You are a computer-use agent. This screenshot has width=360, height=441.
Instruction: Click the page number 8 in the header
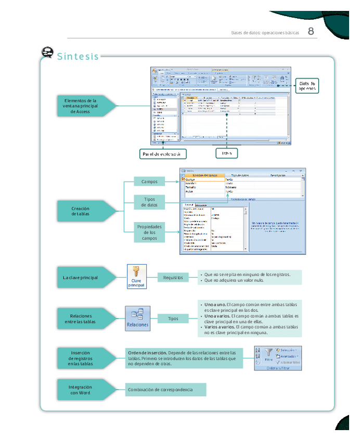(311, 31)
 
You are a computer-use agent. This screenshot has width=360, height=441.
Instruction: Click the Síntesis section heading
(78, 56)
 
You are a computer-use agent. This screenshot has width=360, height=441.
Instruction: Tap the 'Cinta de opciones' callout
(306, 86)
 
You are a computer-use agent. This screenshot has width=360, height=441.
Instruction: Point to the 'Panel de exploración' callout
(163, 154)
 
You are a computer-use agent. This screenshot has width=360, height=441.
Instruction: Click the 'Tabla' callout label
(227, 153)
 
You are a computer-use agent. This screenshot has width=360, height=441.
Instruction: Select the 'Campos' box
(150, 181)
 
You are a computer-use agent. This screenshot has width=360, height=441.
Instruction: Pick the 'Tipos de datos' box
(150, 202)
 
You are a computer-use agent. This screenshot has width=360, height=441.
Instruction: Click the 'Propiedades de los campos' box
(150, 232)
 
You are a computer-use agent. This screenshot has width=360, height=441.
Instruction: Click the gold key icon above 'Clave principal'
(136, 271)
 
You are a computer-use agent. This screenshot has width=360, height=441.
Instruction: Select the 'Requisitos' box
(173, 278)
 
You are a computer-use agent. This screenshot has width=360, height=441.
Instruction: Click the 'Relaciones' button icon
(137, 319)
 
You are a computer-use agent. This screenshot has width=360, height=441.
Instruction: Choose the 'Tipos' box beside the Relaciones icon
(173, 319)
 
